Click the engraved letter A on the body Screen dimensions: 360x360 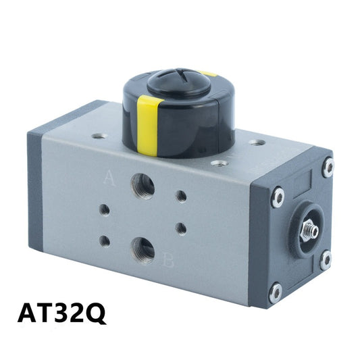(x=109, y=177)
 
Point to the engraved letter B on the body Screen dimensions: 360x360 (x=168, y=260)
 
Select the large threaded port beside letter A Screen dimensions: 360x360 (x=143, y=186)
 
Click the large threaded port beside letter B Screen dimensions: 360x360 (x=143, y=251)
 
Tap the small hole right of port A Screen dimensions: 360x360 (x=181, y=197)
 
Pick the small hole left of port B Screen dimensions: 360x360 (x=105, y=242)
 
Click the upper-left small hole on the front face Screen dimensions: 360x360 (x=105, y=210)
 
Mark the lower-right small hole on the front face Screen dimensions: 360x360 (x=181, y=229)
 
